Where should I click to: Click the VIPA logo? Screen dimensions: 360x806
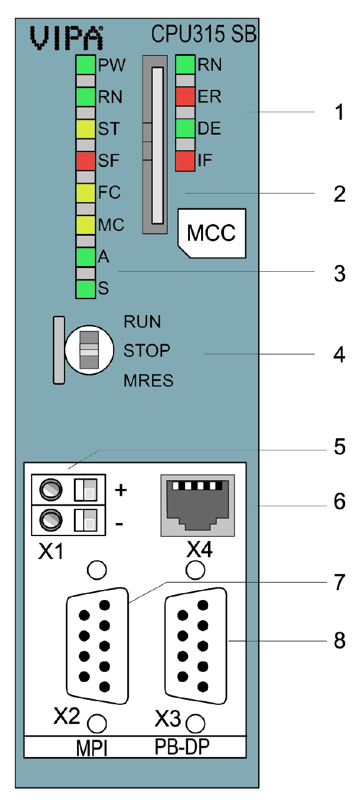coord(66,37)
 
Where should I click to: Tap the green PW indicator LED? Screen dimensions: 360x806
coord(85,65)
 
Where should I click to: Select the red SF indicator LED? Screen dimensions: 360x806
coord(85,161)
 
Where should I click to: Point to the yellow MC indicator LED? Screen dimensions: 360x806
coord(85,225)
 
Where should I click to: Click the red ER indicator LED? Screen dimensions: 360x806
coord(185,96)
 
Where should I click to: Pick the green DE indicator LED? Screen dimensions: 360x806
coord(185,128)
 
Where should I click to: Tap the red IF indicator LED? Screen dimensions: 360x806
coord(185,161)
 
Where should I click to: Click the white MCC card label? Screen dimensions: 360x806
coord(212,233)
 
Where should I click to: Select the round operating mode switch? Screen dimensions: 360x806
coord(89,350)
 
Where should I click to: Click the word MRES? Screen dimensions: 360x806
coord(148,381)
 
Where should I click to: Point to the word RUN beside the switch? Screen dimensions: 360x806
coord(142,321)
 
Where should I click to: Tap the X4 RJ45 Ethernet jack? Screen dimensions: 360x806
coord(197,505)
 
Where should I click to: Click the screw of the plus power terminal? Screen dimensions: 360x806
coord(51,490)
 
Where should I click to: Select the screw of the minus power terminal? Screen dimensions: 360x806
coord(51,521)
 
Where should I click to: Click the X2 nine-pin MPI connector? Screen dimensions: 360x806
coord(97,646)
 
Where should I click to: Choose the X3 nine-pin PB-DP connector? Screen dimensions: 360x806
coord(196,646)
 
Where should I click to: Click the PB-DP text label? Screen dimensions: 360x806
coord(182,747)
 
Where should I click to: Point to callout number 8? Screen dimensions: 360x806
coord(340,641)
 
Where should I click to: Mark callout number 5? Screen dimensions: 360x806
coord(340,447)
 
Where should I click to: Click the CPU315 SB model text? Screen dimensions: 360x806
coord(204,34)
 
